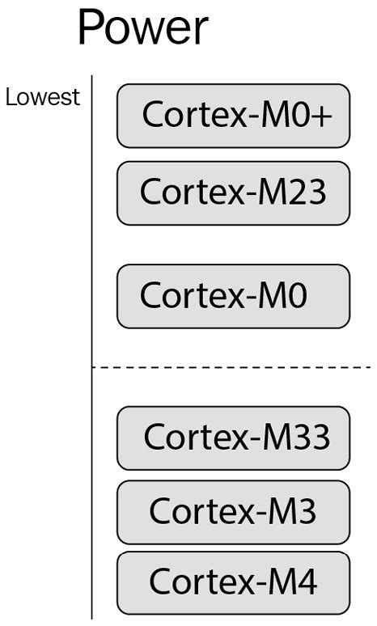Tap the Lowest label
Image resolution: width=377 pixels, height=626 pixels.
pos(43,97)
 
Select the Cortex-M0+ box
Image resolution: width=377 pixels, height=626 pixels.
pos(233,116)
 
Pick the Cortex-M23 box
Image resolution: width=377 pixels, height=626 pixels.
pos(233,192)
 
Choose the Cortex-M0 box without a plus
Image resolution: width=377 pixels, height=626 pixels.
pos(233,296)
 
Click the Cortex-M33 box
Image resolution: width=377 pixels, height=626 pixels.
pos(233,438)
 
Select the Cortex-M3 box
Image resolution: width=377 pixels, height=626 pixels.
pos(233,512)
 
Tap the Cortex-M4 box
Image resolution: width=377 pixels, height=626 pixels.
pos(233,582)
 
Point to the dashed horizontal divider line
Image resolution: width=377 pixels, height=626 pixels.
pos(243,367)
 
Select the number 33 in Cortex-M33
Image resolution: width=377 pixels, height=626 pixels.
pos(312,438)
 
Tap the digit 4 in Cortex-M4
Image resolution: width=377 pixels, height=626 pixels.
pos(307,582)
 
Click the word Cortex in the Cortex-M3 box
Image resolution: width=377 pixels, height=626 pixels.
pos(193,512)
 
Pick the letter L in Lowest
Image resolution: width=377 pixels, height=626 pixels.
pos(11,97)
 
